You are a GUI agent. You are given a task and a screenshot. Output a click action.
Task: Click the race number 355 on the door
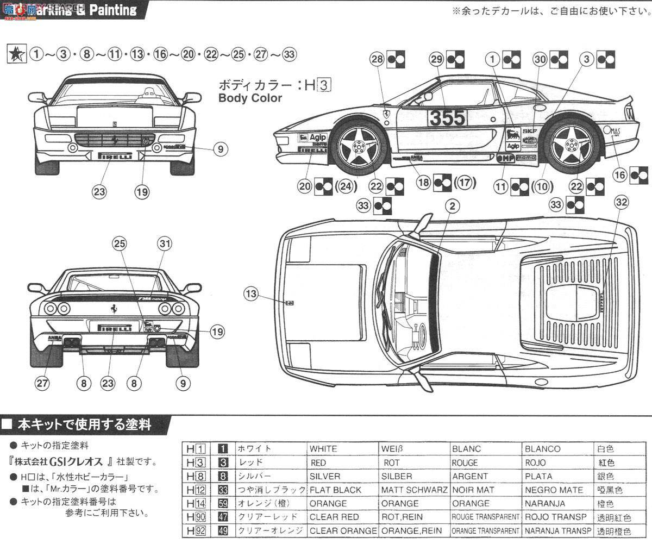[447, 117]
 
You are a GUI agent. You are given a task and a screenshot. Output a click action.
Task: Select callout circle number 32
[622, 202]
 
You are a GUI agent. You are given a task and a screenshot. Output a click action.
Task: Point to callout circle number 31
[165, 244]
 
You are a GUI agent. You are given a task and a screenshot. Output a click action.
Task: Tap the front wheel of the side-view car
[359, 145]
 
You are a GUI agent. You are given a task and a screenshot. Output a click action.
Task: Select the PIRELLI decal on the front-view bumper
[115, 156]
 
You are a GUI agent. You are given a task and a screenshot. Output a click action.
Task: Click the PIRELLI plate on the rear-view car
[115, 328]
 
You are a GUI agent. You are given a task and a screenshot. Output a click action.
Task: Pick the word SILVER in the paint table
[325, 476]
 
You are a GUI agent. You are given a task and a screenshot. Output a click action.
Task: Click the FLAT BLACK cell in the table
[335, 490]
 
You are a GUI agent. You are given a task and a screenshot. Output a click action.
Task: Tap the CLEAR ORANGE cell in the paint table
[343, 530]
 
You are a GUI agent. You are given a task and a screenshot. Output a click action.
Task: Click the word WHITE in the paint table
[323, 449]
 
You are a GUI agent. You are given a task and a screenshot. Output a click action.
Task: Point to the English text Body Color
[250, 98]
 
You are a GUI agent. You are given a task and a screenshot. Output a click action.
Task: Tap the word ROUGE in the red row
[465, 462]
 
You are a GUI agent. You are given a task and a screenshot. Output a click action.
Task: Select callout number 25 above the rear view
[119, 244]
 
